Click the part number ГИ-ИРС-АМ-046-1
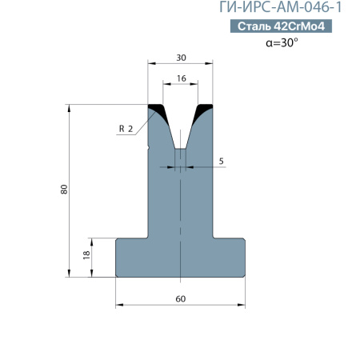coord(280,7)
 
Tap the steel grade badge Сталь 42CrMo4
coord(281,26)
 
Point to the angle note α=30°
coord(282,42)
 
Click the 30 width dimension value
coord(181,58)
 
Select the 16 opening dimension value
coord(182,78)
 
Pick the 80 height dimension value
coord(64,190)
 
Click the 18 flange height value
coord(86,255)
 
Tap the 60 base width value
coord(181,299)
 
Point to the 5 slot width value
coord(221,161)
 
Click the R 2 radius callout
coord(126,129)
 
